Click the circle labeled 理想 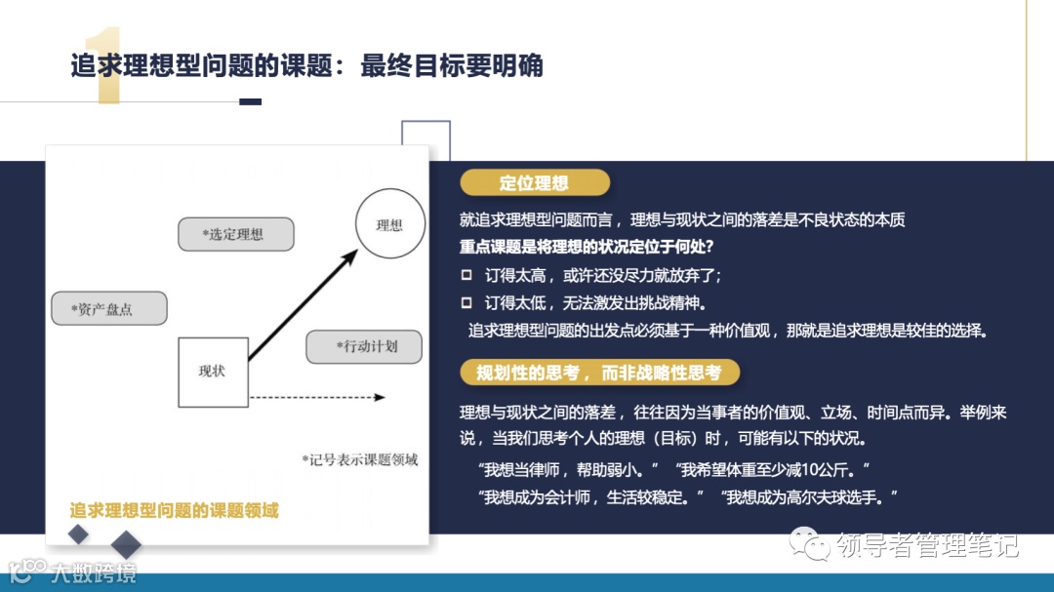389,225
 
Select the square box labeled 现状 212,372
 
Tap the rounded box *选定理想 236,234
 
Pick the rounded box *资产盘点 108,309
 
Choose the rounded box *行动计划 365,346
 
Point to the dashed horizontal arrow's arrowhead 380,397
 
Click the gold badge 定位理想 534,182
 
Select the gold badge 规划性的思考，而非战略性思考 599,373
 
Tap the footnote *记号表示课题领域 359,459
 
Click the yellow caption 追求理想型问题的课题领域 174,510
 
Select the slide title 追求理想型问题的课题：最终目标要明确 306,66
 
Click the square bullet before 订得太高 466,275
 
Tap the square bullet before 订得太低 466,302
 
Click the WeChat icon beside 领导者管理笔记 806,543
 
